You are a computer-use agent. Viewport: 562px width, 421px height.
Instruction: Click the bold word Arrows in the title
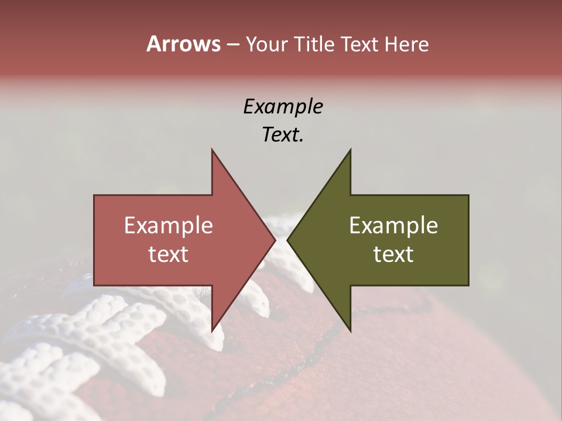point(183,44)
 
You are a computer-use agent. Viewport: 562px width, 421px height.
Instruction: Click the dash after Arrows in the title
point(232,45)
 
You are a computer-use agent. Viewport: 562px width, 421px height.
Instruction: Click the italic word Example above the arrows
point(283,107)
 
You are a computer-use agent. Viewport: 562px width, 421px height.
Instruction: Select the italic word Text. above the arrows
point(283,135)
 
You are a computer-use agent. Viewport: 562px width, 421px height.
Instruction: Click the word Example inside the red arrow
point(169,226)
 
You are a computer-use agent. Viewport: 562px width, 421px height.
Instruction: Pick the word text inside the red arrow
point(169,254)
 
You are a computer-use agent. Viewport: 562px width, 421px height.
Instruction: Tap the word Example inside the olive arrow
point(393,226)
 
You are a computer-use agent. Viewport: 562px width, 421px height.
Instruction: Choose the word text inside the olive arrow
point(393,254)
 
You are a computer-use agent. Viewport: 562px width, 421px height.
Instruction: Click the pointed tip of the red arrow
point(275,240)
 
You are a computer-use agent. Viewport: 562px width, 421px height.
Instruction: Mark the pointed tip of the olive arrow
point(287,240)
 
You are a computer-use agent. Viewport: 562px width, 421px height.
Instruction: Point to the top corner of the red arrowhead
point(212,150)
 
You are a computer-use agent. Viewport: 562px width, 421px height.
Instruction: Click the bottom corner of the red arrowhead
point(212,331)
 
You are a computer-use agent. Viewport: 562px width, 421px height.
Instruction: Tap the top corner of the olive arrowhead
point(350,150)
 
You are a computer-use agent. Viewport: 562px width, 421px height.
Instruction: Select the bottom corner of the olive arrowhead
point(350,331)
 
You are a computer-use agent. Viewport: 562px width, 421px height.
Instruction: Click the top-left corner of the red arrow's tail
point(95,196)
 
